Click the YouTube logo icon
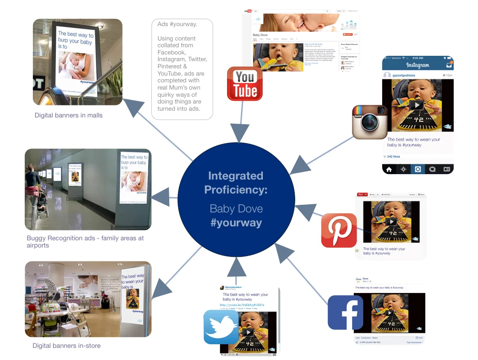(244, 84)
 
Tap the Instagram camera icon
(370, 121)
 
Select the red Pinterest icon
(339, 230)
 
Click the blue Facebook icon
(345, 312)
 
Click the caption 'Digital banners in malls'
(68, 115)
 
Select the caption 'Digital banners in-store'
(66, 346)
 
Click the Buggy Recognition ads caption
(85, 242)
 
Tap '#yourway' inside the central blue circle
(236, 223)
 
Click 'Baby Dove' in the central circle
(236, 209)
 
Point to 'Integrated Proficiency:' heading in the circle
(236, 183)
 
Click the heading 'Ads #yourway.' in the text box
(177, 24)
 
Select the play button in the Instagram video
(418, 105)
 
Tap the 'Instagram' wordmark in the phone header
(418, 65)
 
